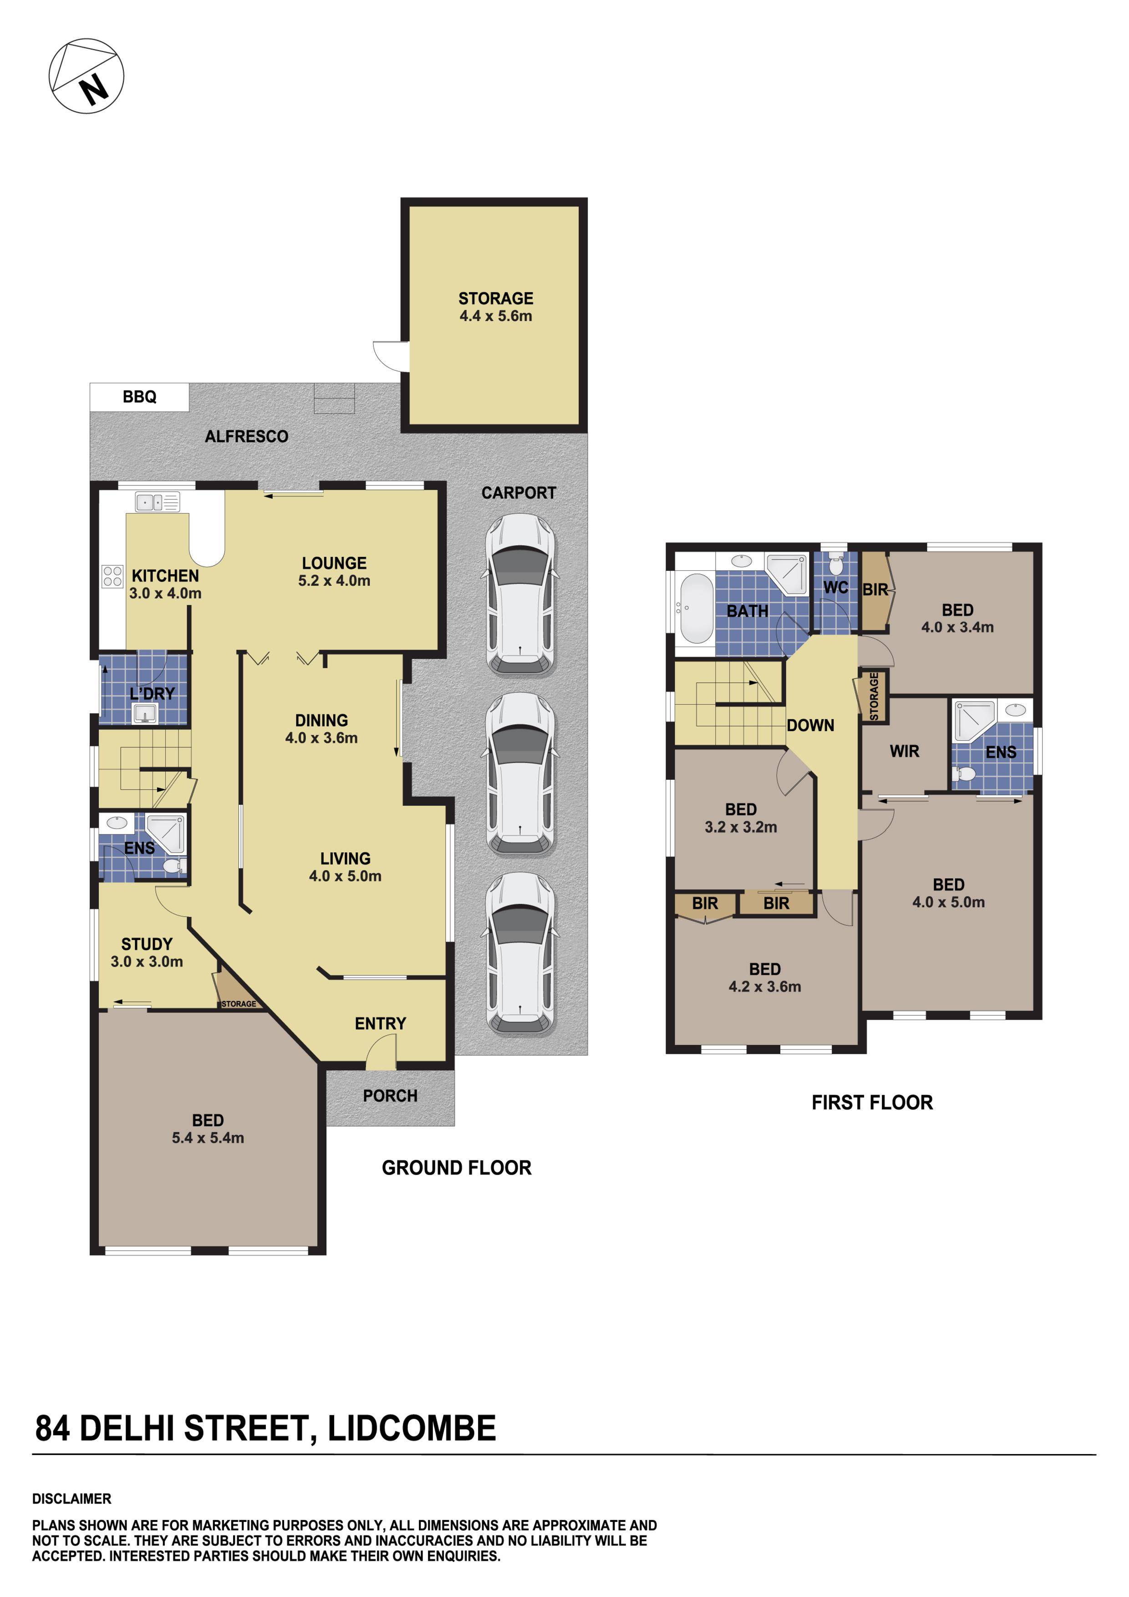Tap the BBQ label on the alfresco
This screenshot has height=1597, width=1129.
coord(139,397)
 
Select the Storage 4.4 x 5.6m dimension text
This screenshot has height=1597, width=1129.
coord(495,316)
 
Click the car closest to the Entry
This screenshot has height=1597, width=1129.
coord(520,953)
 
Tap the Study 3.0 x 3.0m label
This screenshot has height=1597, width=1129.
coord(146,952)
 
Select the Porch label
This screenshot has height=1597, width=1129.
coord(390,1096)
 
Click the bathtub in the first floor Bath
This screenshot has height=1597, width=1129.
coord(695,608)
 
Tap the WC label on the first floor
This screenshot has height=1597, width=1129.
coord(835,588)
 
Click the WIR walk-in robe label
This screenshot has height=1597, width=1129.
coord(904,751)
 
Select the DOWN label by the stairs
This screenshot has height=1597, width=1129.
coord(810,726)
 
